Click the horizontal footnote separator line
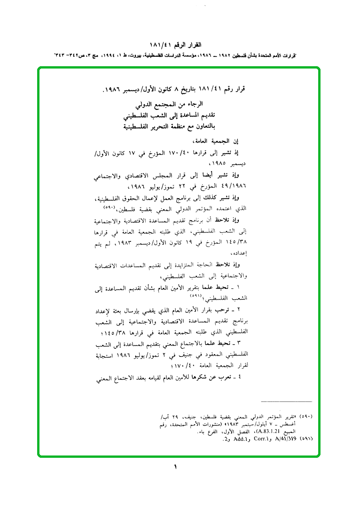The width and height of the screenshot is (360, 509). (286, 401)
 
